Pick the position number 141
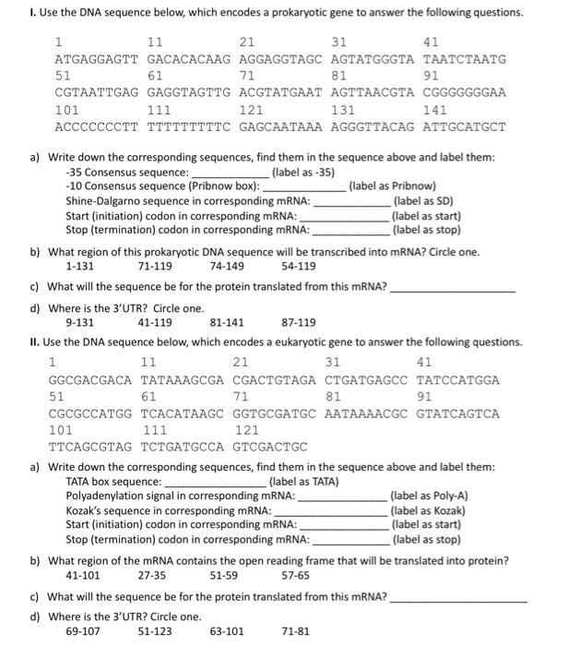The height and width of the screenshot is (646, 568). (434, 110)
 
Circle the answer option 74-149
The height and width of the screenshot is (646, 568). (227, 266)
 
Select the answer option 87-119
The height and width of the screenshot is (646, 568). (298, 323)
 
